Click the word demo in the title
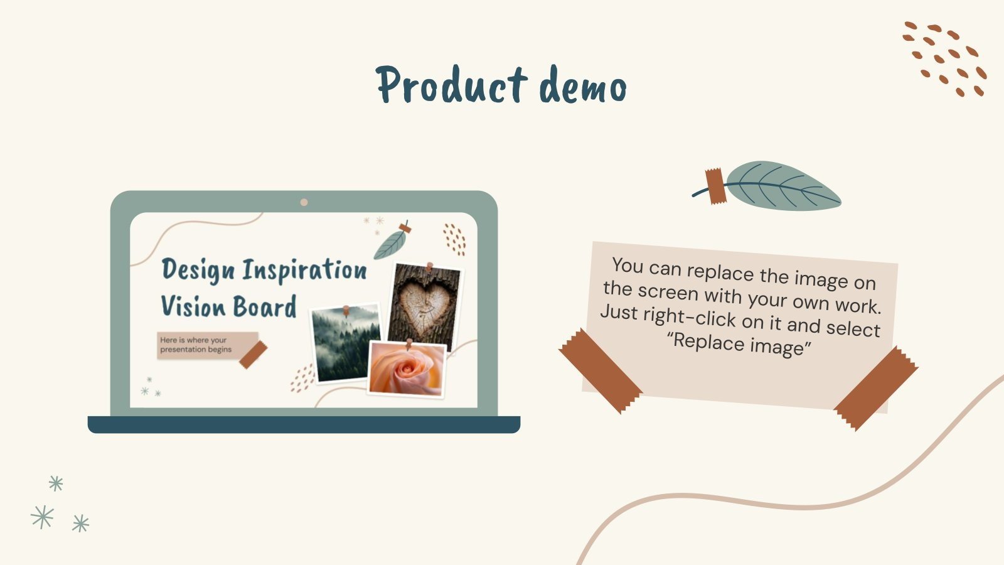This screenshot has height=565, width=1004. (x=583, y=87)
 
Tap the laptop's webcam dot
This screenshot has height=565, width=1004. (x=304, y=202)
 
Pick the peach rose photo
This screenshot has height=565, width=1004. (x=407, y=370)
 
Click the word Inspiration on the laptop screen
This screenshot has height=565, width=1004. (x=304, y=270)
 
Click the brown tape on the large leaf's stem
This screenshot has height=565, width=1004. (x=715, y=186)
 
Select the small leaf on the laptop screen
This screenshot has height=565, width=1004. (x=390, y=244)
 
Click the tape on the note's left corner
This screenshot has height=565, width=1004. (x=600, y=371)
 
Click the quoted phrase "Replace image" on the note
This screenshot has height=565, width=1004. (x=739, y=344)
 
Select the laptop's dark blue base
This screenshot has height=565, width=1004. (x=304, y=424)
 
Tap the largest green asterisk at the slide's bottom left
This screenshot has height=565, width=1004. (x=42, y=517)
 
